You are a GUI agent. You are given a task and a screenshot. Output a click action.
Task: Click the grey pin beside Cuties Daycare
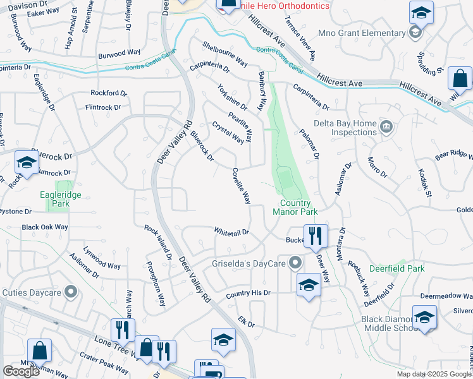pos(71,292)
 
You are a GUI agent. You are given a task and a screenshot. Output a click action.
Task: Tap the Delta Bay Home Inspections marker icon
pos(385,128)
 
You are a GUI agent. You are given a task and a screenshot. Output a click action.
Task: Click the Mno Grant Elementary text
pos(370,33)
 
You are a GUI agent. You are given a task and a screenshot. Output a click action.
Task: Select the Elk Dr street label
pos(246,323)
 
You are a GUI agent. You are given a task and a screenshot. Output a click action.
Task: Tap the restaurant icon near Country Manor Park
pos(316,236)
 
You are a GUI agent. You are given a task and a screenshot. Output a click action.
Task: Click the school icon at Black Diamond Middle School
pos(424,317)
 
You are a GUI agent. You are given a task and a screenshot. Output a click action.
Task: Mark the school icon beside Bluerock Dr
pos(27,162)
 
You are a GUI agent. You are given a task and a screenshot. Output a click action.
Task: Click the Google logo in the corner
pos(21,371)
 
